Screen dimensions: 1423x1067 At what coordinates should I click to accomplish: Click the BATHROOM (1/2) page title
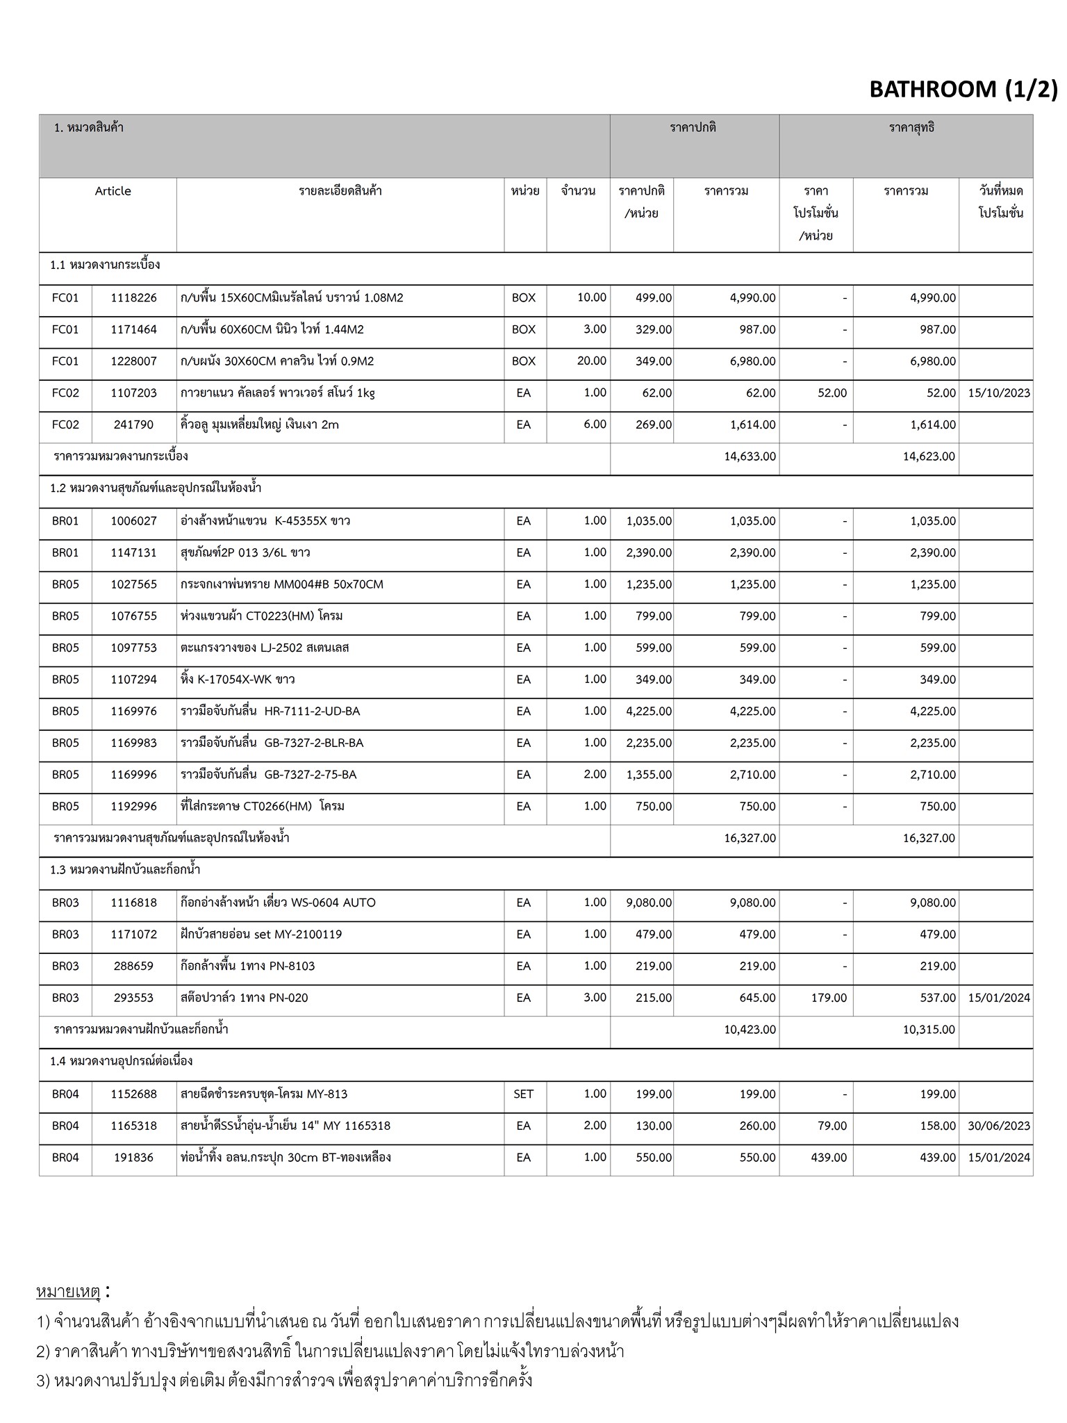[x=963, y=89]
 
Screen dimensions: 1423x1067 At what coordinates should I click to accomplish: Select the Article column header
[x=113, y=191]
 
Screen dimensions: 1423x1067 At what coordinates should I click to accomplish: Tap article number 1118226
[x=133, y=297]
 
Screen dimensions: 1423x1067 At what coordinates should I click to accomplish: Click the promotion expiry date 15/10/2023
[x=998, y=393]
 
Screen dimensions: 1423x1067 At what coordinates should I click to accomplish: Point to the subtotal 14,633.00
[x=750, y=456]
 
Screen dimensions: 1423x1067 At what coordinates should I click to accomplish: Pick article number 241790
[x=133, y=425]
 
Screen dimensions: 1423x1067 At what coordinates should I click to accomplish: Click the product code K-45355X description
[x=265, y=520]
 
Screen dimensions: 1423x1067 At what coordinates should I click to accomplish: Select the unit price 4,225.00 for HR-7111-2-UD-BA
[x=648, y=711]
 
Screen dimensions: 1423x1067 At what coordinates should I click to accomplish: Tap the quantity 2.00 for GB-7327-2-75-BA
[x=595, y=774]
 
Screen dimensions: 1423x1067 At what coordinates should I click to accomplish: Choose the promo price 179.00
[x=829, y=998]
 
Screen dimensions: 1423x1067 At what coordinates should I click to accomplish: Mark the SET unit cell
[x=523, y=1094]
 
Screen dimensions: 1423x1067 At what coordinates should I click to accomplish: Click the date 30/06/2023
[x=998, y=1126]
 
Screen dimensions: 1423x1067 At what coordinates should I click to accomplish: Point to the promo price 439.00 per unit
[x=829, y=1158]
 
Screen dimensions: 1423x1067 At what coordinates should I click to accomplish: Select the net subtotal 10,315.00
[x=929, y=1029]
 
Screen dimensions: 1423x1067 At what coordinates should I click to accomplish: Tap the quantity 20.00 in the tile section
[x=591, y=361]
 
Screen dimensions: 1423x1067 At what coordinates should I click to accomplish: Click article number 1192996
[x=133, y=806]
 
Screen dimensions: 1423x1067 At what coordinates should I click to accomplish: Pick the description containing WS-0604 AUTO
[x=278, y=903]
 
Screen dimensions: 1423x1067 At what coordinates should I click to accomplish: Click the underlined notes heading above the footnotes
[x=69, y=1292]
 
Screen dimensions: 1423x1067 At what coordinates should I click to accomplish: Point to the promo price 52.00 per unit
[x=832, y=393]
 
